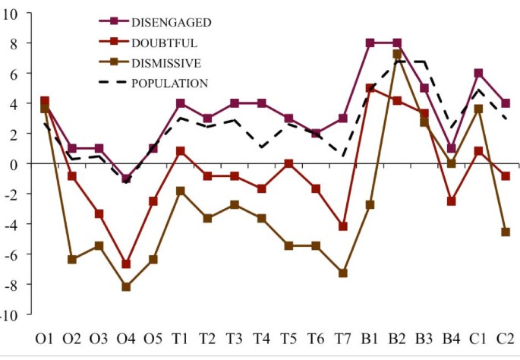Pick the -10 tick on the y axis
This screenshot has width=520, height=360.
[7, 314]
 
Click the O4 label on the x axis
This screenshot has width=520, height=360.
[126, 336]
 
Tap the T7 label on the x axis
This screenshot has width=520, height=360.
[343, 336]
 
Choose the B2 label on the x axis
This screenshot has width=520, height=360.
[397, 336]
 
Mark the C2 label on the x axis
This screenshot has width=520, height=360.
[506, 336]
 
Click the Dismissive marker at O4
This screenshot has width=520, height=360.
[126, 286]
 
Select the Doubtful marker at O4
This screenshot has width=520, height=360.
[126, 264]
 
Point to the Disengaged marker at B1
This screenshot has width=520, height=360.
[370, 43]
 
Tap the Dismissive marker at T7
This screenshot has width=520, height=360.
[343, 273]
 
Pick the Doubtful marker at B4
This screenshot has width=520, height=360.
[451, 201]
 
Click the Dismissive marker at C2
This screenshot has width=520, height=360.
[506, 232]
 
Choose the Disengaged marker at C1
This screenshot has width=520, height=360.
[478, 73]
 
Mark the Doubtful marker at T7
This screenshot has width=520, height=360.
[343, 226]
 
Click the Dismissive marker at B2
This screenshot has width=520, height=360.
[397, 54]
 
